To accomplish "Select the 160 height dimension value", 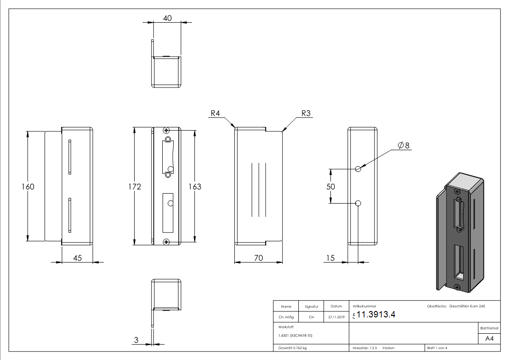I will (x=28, y=186).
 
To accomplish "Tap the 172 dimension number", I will (x=134, y=186).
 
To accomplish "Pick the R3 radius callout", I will (x=306, y=113).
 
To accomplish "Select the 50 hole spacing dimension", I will (x=331, y=186).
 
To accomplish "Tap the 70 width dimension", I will (x=258, y=258).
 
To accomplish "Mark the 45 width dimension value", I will (x=77, y=258).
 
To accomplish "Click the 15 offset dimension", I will (x=330, y=258).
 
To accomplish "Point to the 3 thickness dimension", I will (x=136, y=340).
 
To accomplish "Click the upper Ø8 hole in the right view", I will (x=358, y=169).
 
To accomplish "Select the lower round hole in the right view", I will (x=358, y=204).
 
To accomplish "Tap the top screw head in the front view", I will (x=167, y=131).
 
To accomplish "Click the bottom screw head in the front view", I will (x=167, y=242).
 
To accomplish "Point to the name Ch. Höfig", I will (x=286, y=317).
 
